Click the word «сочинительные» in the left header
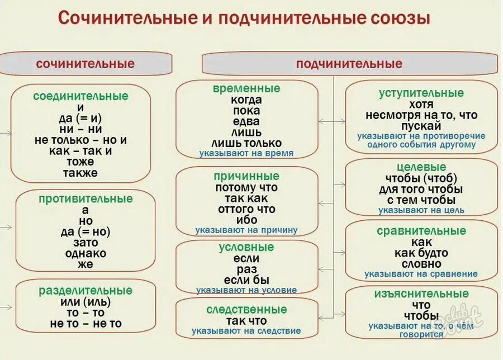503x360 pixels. coord(85,64)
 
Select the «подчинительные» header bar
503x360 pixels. coord(349,64)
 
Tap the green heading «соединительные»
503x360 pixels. coord(80,96)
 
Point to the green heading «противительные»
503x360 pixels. coord(86,199)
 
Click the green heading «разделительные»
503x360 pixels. coord(86,291)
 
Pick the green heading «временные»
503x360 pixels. coord(246,89)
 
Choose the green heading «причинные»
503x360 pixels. coord(246,176)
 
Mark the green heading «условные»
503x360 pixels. coord(246,248)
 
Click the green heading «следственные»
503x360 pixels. coord(246,310)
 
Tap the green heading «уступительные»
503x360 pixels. coord(421,93)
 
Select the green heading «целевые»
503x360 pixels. coord(421,167)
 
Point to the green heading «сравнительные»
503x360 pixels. coord(421,231)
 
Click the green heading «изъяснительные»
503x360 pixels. coord(421,293)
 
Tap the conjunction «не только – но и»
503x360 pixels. coord(80,140)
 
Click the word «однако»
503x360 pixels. coord(86,253)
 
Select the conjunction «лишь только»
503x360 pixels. coord(246,143)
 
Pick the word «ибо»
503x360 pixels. coord(246,220)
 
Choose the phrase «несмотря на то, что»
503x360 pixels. coord(421,115)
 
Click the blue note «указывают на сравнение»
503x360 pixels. coord(421,274)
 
